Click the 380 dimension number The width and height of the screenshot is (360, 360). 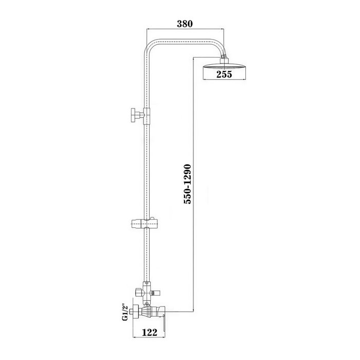[185, 24]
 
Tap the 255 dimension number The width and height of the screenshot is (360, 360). [224, 74]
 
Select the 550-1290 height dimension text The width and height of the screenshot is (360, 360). [187, 184]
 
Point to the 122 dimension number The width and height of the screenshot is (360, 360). [150, 332]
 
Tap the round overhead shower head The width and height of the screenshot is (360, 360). [224, 67]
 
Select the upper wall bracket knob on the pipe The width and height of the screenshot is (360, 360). [137, 115]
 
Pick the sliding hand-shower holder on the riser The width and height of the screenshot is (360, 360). [144, 223]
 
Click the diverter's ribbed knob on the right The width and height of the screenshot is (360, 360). [156, 293]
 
